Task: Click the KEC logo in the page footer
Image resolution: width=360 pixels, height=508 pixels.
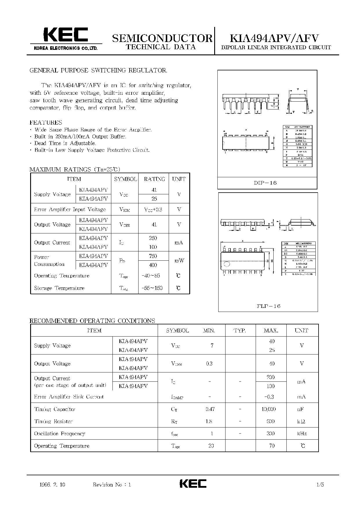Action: click(193, 484)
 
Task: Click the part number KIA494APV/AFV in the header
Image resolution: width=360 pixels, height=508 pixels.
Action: click(274, 38)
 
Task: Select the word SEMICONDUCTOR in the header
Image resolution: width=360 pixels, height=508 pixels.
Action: click(162, 38)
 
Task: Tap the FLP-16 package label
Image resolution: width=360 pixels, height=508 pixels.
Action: click(268, 306)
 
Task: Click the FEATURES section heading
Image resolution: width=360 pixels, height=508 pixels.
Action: click(46, 123)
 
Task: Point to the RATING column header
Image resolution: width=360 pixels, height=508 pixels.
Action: click(154, 179)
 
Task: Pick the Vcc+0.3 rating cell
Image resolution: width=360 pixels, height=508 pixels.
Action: click(153, 209)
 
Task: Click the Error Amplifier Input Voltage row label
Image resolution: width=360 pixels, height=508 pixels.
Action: click(70, 209)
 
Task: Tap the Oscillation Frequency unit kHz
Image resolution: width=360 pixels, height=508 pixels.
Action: click(302, 434)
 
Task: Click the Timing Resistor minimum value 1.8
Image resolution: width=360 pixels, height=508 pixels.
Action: click(209, 421)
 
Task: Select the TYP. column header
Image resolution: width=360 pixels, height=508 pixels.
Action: click(240, 330)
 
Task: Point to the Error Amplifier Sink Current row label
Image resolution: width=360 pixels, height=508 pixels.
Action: click(69, 397)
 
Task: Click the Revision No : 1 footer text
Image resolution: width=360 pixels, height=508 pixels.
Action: click(112, 485)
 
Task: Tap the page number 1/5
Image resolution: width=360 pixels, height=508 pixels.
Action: click(320, 485)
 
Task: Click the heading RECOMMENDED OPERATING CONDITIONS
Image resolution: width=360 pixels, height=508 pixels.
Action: click(92, 321)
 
